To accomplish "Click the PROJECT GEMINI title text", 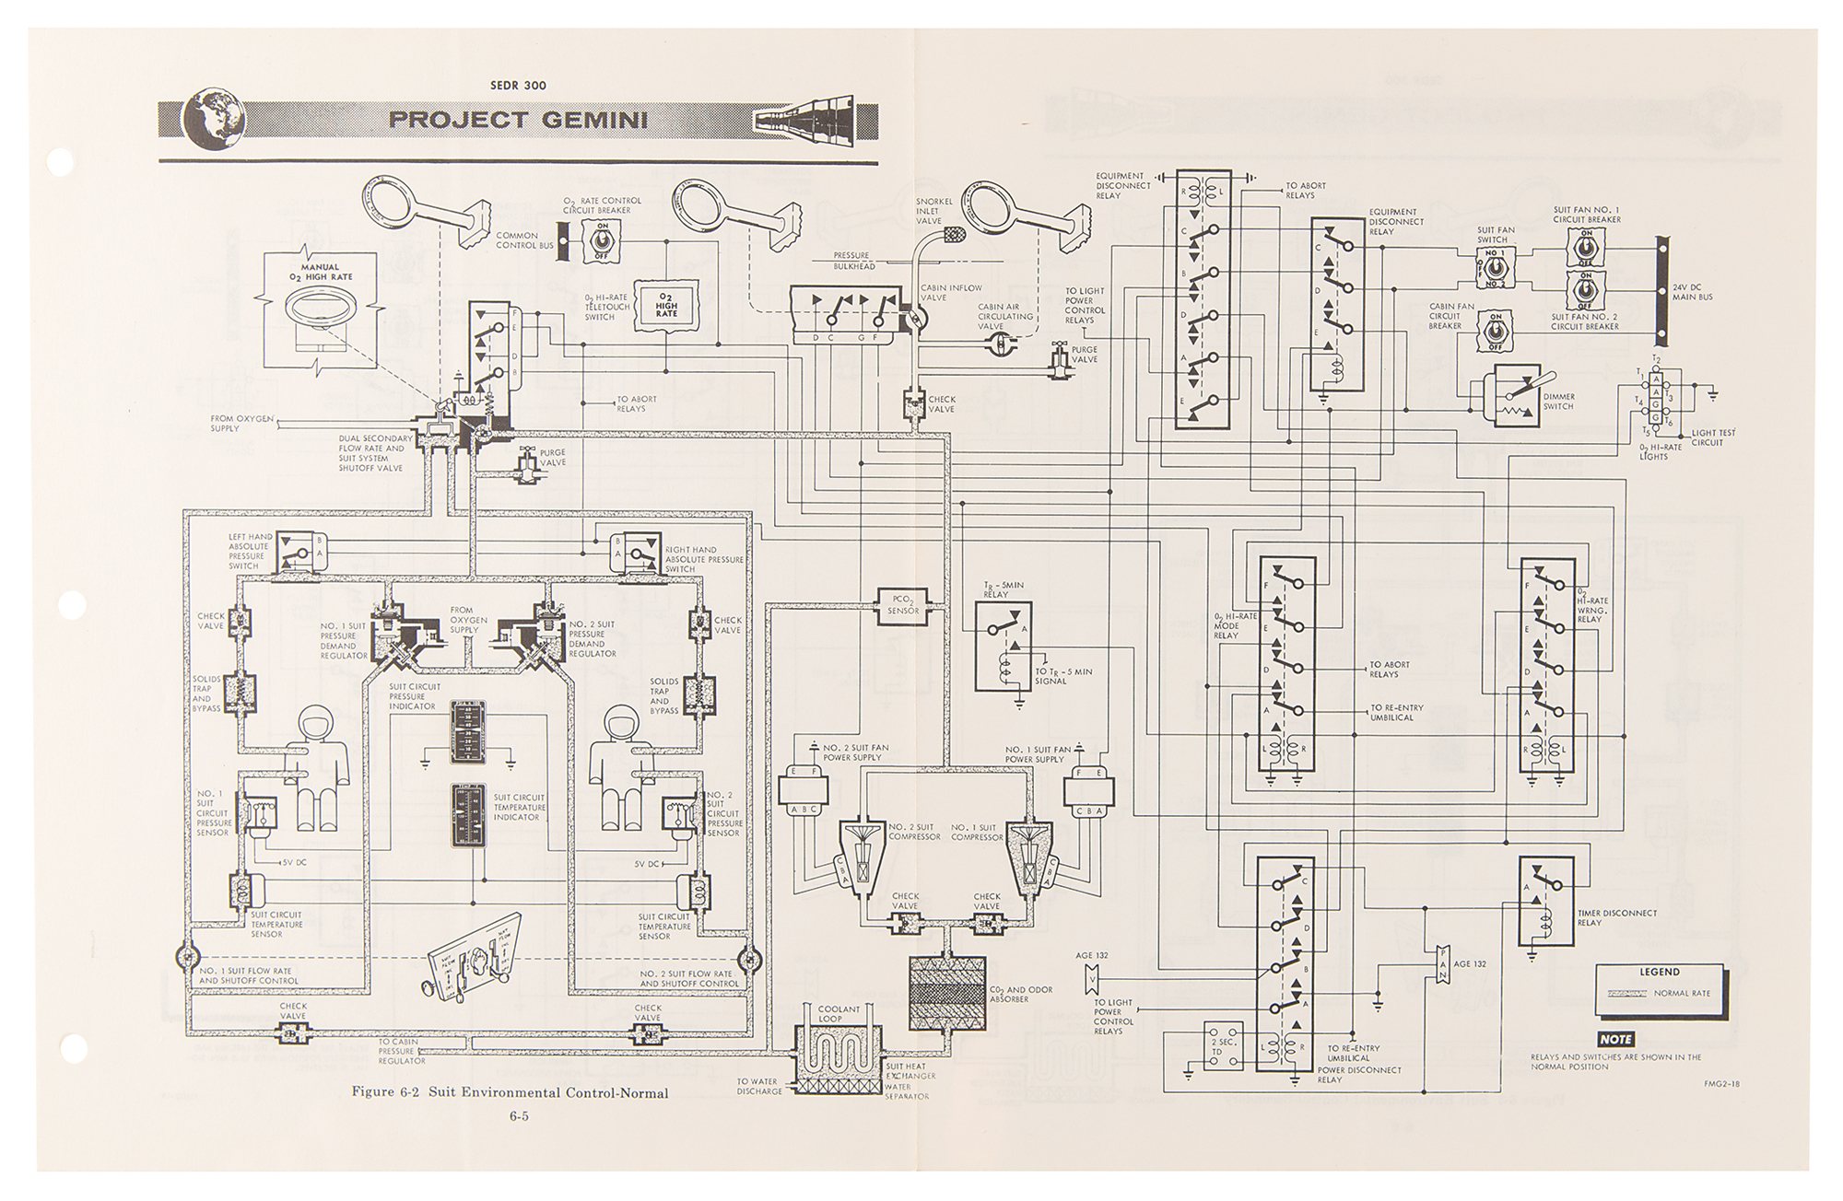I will coord(518,120).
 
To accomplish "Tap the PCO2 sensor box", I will coord(904,605).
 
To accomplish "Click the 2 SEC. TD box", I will coord(1224,1047).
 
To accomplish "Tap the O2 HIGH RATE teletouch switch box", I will coord(666,305).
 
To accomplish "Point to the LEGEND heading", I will coord(1659,972).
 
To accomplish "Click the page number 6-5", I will coord(519,1117).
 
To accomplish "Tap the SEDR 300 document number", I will coord(519,86).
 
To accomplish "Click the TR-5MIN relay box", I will coord(1004,647).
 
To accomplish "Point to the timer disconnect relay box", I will coord(1546,900).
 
